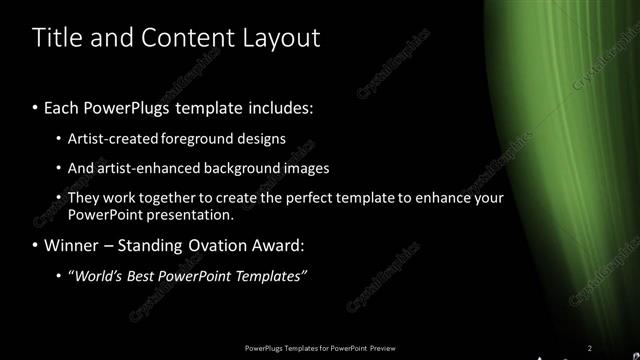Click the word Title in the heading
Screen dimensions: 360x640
(56, 38)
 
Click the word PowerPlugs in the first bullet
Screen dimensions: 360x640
(136, 105)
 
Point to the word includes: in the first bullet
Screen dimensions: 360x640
(280, 105)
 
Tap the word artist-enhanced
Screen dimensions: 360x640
(139, 168)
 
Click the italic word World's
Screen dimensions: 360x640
(99, 276)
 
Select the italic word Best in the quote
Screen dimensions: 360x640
(145, 276)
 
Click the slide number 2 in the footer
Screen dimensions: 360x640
(590, 347)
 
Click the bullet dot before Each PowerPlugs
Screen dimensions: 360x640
(36, 106)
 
